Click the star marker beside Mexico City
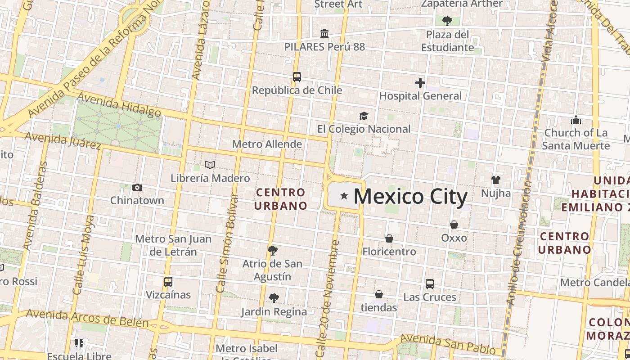click(x=344, y=196)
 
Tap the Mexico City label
click(x=410, y=197)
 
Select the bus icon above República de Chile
click(x=297, y=77)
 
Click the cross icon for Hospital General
click(x=420, y=83)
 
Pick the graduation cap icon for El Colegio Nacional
click(x=364, y=116)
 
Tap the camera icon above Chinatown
click(x=137, y=187)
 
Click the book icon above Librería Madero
click(x=210, y=165)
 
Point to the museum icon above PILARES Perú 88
click(x=324, y=34)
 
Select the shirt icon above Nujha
click(x=496, y=180)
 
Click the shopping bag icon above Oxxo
click(x=454, y=225)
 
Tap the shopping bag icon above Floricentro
click(x=389, y=238)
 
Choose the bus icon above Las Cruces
click(x=430, y=284)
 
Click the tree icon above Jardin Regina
click(x=274, y=298)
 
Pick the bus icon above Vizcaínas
click(x=168, y=282)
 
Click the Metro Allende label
click(x=267, y=144)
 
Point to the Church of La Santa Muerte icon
click(x=576, y=120)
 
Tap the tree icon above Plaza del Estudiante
click(x=447, y=21)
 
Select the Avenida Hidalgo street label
click(x=119, y=104)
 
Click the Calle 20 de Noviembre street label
click(x=328, y=299)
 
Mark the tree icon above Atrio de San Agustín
click(x=272, y=251)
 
